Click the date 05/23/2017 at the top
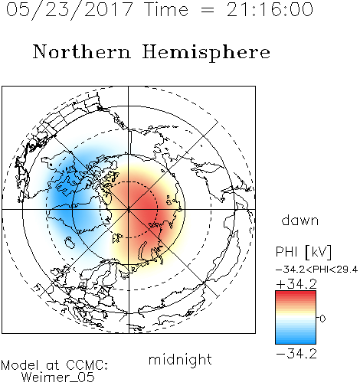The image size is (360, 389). point(69,10)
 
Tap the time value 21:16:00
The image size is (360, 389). point(270,9)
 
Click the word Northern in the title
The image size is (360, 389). point(82,51)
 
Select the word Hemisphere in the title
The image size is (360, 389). point(206,53)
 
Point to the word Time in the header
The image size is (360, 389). point(166,9)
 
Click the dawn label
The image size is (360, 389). point(300,220)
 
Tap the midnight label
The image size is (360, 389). point(180,359)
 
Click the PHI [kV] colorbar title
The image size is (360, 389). point(303,252)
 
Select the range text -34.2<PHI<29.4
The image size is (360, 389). point(316,270)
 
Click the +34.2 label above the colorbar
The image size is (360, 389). point(296,284)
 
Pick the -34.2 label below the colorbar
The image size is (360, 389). point(296,354)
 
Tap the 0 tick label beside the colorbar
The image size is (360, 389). point(322,319)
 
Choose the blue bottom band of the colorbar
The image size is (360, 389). point(296,339)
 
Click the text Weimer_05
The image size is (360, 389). point(58,378)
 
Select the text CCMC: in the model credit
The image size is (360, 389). point(87,365)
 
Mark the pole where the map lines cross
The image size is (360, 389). point(129,209)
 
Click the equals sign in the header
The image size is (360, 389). point(208,10)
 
